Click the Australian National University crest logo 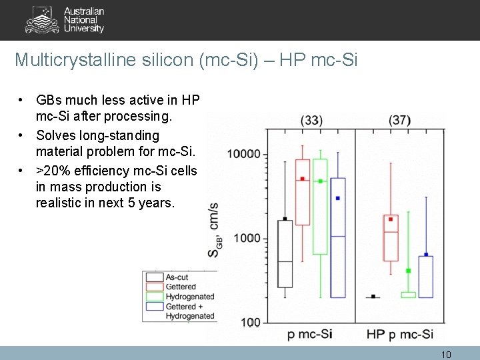(x=41, y=20)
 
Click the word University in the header (x=84, y=29)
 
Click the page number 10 (x=446, y=355)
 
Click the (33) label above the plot (x=311, y=121)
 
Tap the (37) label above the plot (x=399, y=121)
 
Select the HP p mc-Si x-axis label (x=400, y=335)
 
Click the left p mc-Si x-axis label (x=311, y=335)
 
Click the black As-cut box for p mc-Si (x=285, y=254)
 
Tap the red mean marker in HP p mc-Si (x=391, y=219)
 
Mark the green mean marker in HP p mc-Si (x=409, y=271)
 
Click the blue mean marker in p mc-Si (x=338, y=198)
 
